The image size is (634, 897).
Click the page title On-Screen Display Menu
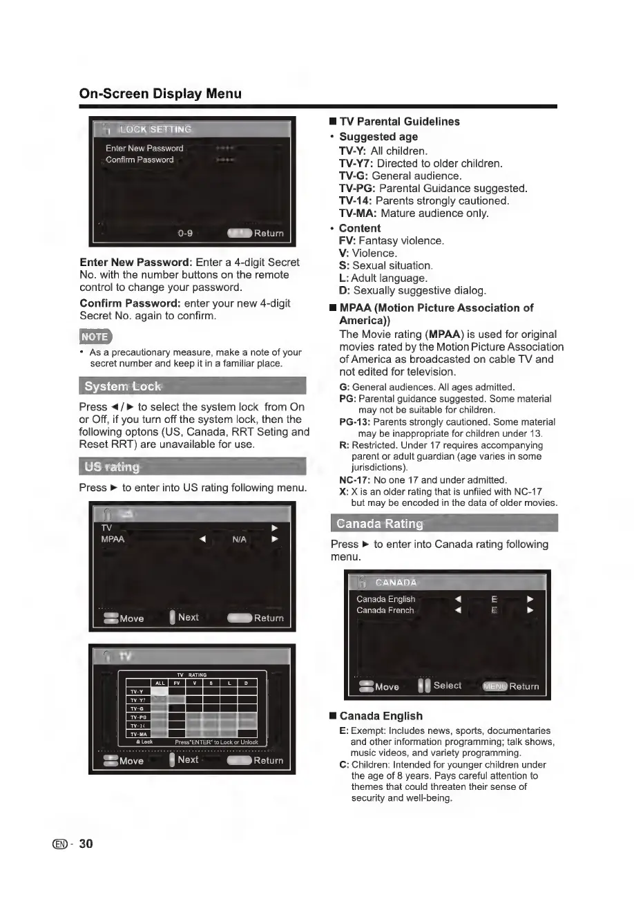tap(160, 93)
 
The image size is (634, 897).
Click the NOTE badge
tap(95, 337)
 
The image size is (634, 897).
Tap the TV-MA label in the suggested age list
tap(358, 214)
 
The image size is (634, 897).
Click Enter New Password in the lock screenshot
tap(144, 149)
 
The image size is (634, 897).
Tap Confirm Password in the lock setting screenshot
tap(140, 160)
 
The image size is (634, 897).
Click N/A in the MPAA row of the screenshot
tap(240, 539)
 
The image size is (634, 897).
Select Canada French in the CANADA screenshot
tap(385, 610)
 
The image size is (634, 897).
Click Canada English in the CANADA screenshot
tap(386, 599)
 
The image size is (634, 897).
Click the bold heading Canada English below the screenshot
tap(381, 716)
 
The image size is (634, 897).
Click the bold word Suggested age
tap(378, 137)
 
